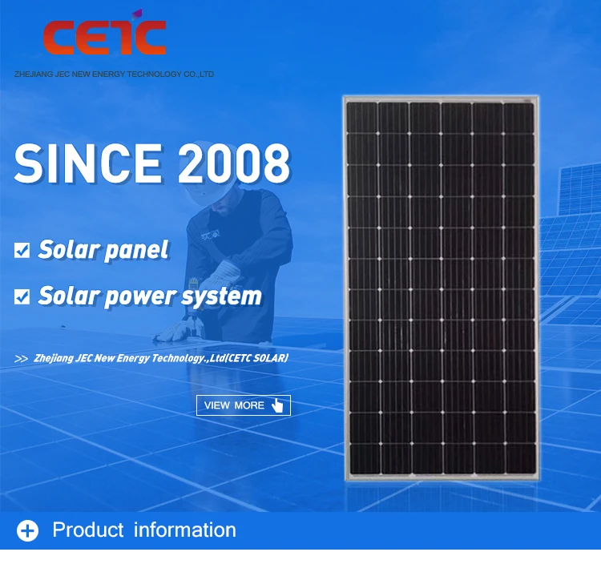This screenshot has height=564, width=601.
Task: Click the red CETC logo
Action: [104, 34]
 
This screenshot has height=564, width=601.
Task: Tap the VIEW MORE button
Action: [244, 405]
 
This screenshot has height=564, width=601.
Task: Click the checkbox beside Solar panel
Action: [22, 250]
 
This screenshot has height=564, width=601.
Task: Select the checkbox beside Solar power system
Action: [22, 296]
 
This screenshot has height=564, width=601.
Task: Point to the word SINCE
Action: [88, 163]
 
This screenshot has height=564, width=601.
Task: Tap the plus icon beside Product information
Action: [27, 530]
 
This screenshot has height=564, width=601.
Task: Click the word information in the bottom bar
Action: [185, 530]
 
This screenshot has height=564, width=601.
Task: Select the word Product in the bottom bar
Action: [88, 530]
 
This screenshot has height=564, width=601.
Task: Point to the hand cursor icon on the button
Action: [276, 405]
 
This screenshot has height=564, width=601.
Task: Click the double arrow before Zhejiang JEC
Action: [21, 359]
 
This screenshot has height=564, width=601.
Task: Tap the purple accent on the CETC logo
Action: [137, 15]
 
